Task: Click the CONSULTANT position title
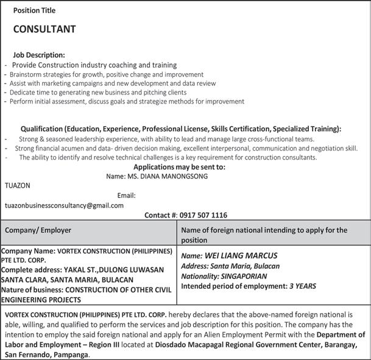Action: point(44,29)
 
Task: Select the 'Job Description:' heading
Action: point(43,55)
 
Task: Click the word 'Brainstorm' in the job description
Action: point(26,74)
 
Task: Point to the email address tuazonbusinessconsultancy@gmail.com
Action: point(64,205)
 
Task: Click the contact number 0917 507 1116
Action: point(203,215)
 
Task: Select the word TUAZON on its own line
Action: point(17,185)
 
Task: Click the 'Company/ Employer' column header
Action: point(38,230)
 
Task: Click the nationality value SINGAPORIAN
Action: point(250,276)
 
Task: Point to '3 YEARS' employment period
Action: point(302,285)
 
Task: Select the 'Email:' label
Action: point(126,196)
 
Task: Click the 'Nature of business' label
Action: point(30,289)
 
